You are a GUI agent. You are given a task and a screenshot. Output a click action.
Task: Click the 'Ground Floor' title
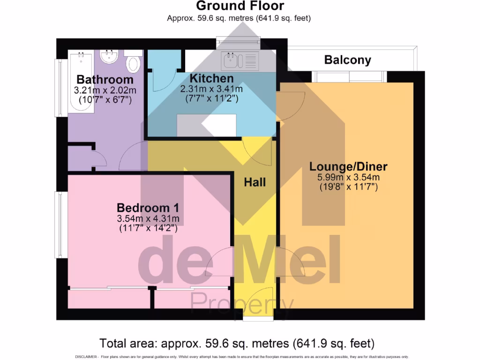240,6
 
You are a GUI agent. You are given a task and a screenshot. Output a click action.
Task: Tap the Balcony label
347,60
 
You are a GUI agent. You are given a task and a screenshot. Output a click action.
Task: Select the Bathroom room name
105,79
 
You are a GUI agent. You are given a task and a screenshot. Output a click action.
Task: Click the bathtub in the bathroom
81,82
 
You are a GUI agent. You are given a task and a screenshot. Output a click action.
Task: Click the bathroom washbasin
110,57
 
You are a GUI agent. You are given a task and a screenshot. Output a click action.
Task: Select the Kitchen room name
211,78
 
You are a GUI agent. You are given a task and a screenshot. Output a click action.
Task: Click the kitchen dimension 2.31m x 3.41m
211,89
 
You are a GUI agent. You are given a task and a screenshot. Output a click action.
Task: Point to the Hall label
255,182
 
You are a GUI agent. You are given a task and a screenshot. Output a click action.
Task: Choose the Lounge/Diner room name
348,166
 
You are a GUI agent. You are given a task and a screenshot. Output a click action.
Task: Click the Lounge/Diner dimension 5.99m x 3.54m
348,177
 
